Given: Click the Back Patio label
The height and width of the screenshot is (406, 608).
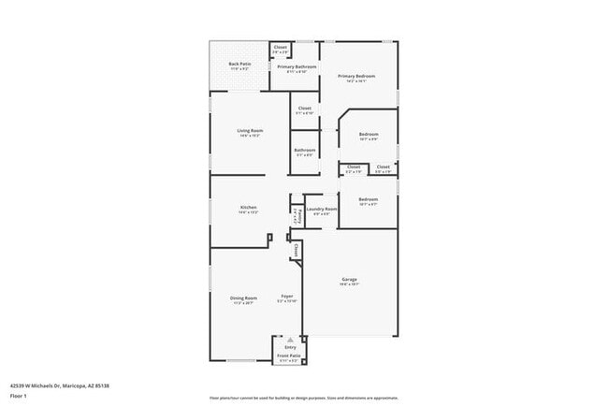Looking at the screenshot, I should tap(239, 64).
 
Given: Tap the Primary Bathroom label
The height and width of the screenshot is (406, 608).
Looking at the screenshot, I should tap(297, 67).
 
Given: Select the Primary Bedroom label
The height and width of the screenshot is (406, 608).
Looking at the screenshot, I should tap(356, 77).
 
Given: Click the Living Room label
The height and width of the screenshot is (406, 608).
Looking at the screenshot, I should tap(249, 130).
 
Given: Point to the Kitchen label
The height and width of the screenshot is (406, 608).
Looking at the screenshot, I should tap(248, 207).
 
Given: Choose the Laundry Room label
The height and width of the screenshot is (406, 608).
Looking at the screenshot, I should tap(321, 209).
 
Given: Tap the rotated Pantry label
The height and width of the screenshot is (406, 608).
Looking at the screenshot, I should tap(296, 215).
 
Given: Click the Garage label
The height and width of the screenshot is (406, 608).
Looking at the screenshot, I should tap(349, 279).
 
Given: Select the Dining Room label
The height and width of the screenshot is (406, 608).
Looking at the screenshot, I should tap(243, 298).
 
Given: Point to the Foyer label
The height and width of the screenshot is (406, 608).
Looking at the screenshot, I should tap(287, 298).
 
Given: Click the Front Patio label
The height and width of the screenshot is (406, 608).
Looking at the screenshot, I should tap(288, 356).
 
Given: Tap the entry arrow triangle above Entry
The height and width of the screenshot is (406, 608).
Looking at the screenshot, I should tap(290, 338).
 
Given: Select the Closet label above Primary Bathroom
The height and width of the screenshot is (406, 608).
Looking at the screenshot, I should tap(281, 47).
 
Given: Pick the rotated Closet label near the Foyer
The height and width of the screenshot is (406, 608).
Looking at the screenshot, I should tap(296, 250).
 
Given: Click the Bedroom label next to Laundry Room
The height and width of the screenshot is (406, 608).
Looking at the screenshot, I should tap(368, 199).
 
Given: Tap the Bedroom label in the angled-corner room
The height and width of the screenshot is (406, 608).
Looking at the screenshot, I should tap(369, 135).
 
